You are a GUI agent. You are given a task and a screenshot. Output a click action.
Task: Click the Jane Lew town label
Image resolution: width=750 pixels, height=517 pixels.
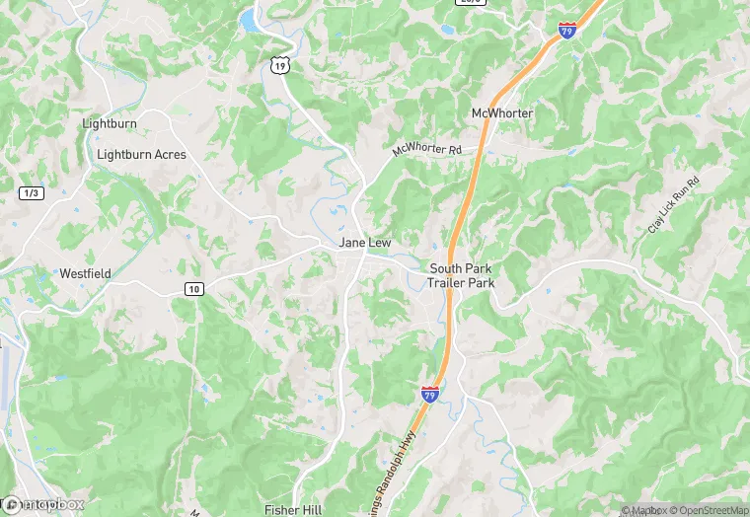(365, 243)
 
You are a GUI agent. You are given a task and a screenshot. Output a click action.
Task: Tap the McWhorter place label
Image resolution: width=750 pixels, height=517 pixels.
(502, 113)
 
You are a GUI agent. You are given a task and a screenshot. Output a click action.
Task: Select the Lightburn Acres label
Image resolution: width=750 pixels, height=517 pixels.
(141, 155)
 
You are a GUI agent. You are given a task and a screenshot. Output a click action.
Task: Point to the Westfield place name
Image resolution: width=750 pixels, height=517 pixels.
(85, 273)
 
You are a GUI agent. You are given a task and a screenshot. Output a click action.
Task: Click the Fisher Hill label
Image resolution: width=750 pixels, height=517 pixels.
(294, 509)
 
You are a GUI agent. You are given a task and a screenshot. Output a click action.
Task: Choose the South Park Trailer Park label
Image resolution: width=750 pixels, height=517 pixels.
(461, 275)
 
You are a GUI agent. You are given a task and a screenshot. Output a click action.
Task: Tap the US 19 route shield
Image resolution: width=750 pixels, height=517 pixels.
(281, 65)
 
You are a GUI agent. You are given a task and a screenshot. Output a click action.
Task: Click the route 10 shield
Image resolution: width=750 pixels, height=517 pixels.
(193, 288)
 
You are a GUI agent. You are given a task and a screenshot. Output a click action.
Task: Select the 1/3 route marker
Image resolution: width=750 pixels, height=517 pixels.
(31, 193)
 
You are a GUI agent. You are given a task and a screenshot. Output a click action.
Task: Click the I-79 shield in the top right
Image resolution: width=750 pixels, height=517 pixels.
(567, 30)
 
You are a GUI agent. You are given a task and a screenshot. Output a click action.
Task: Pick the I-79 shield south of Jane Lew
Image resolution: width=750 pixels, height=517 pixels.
(430, 394)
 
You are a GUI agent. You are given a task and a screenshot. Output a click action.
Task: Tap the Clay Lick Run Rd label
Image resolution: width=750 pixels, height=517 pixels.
(673, 204)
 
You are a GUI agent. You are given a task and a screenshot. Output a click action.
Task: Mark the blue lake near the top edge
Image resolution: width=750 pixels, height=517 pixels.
(250, 19)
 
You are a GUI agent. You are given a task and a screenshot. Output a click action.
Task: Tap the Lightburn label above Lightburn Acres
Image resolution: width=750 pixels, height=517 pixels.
(110, 124)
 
